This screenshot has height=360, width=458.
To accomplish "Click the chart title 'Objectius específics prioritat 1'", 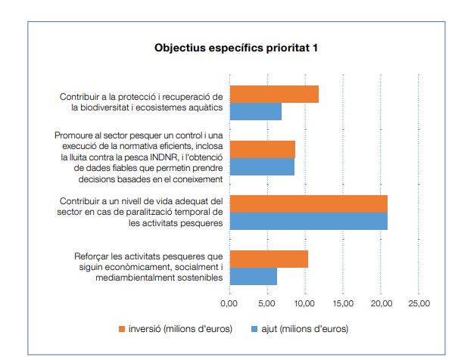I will (235, 48).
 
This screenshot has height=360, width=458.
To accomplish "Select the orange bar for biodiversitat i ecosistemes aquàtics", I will (274, 94).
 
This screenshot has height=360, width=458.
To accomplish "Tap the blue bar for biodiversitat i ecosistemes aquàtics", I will (255, 111).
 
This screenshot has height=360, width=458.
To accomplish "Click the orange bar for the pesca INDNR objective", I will (262, 149).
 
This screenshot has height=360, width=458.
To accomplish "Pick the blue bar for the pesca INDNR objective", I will (262, 166).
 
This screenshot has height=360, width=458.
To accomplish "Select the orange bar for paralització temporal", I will (308, 203).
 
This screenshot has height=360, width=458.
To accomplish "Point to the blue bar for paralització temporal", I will (308, 221).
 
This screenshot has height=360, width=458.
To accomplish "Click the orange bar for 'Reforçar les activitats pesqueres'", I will (269, 259).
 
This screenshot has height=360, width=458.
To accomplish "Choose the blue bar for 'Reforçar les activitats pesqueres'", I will (253, 276).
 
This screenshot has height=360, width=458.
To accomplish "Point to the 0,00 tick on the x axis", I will (229, 303).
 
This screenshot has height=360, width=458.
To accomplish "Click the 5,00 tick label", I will (266, 303).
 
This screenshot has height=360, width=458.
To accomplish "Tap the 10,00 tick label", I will (304, 303).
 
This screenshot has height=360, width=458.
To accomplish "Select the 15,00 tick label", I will (343, 303).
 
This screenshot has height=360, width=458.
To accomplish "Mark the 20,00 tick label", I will (381, 303).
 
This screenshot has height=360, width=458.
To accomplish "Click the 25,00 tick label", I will (419, 303).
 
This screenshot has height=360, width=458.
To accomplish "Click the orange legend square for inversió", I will (121, 329).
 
